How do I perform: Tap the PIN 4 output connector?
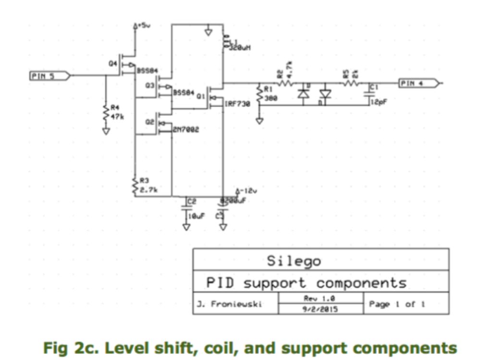418,83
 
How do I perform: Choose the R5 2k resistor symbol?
350,83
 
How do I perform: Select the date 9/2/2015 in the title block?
320,309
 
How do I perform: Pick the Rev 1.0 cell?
320,298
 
